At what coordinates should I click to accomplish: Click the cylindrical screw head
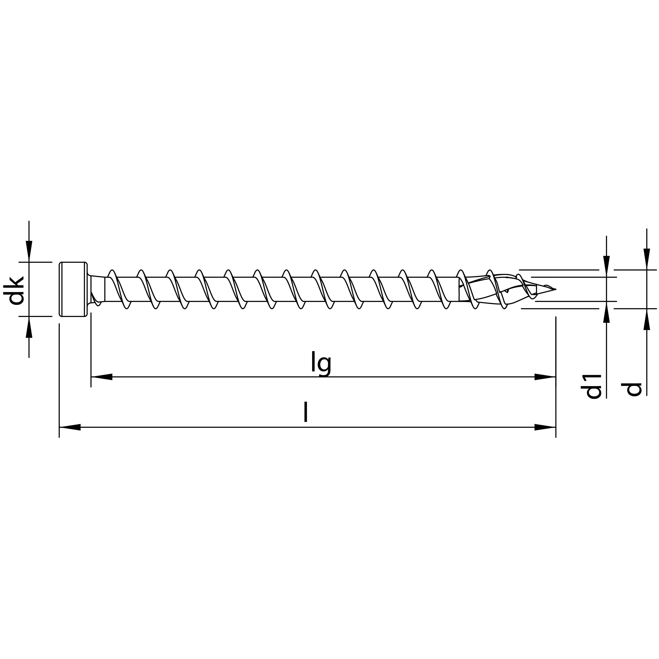(72, 289)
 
